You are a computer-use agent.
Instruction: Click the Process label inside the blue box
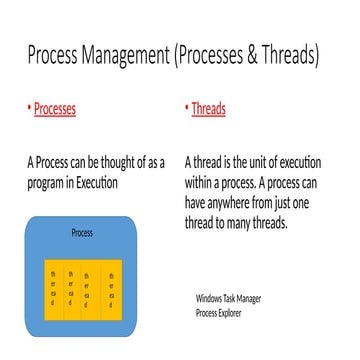[83, 234]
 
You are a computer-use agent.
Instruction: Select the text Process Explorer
[220, 313]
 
